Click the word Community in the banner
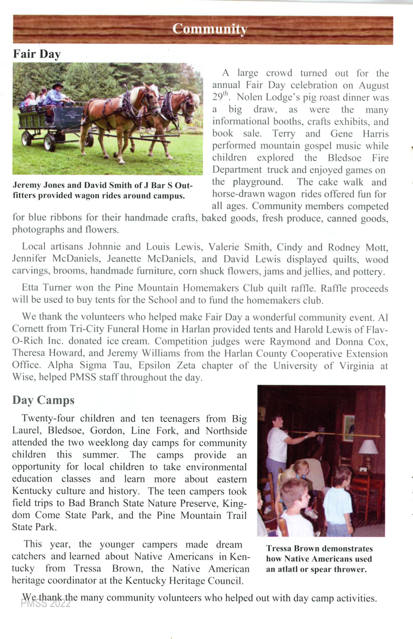coord(210,29)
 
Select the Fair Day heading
coord(37,54)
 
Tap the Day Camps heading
coord(43,400)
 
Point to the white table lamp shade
coord(368,447)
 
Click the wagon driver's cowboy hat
coord(57,85)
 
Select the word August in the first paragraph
coord(374,85)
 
